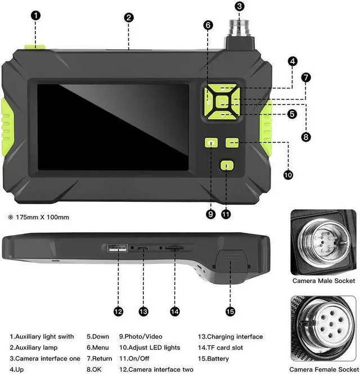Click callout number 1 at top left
tap(36, 16)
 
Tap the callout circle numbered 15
tap(229, 311)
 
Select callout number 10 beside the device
tap(288, 175)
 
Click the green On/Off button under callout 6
tap(226, 166)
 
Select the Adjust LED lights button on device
tap(232, 143)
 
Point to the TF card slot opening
tap(174, 247)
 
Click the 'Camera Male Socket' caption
tap(323, 281)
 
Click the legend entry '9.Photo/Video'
tap(141, 336)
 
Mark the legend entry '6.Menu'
tap(98, 347)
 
